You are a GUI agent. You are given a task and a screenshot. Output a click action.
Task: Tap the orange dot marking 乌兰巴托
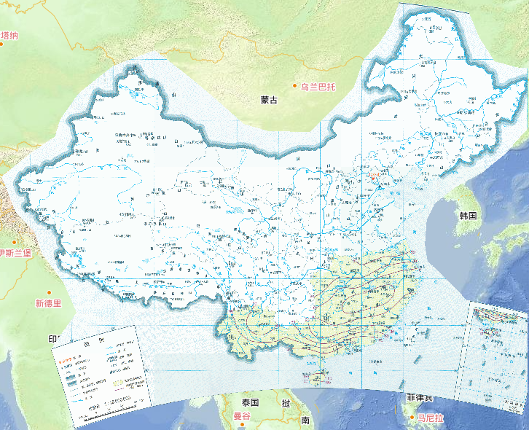296,87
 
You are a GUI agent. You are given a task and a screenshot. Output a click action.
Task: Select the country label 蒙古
269,100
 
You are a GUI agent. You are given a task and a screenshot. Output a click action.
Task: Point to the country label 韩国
467,216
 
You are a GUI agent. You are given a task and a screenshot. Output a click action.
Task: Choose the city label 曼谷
242,416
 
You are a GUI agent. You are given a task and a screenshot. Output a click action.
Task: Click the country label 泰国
251,402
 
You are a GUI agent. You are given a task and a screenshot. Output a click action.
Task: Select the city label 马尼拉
429,418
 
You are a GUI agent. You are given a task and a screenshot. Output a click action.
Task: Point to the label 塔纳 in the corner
9,35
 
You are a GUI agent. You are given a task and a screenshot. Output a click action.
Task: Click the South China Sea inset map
495,350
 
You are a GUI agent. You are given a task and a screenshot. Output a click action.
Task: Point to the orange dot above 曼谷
236,407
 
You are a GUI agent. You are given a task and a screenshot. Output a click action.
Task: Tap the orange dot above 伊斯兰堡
13,243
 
